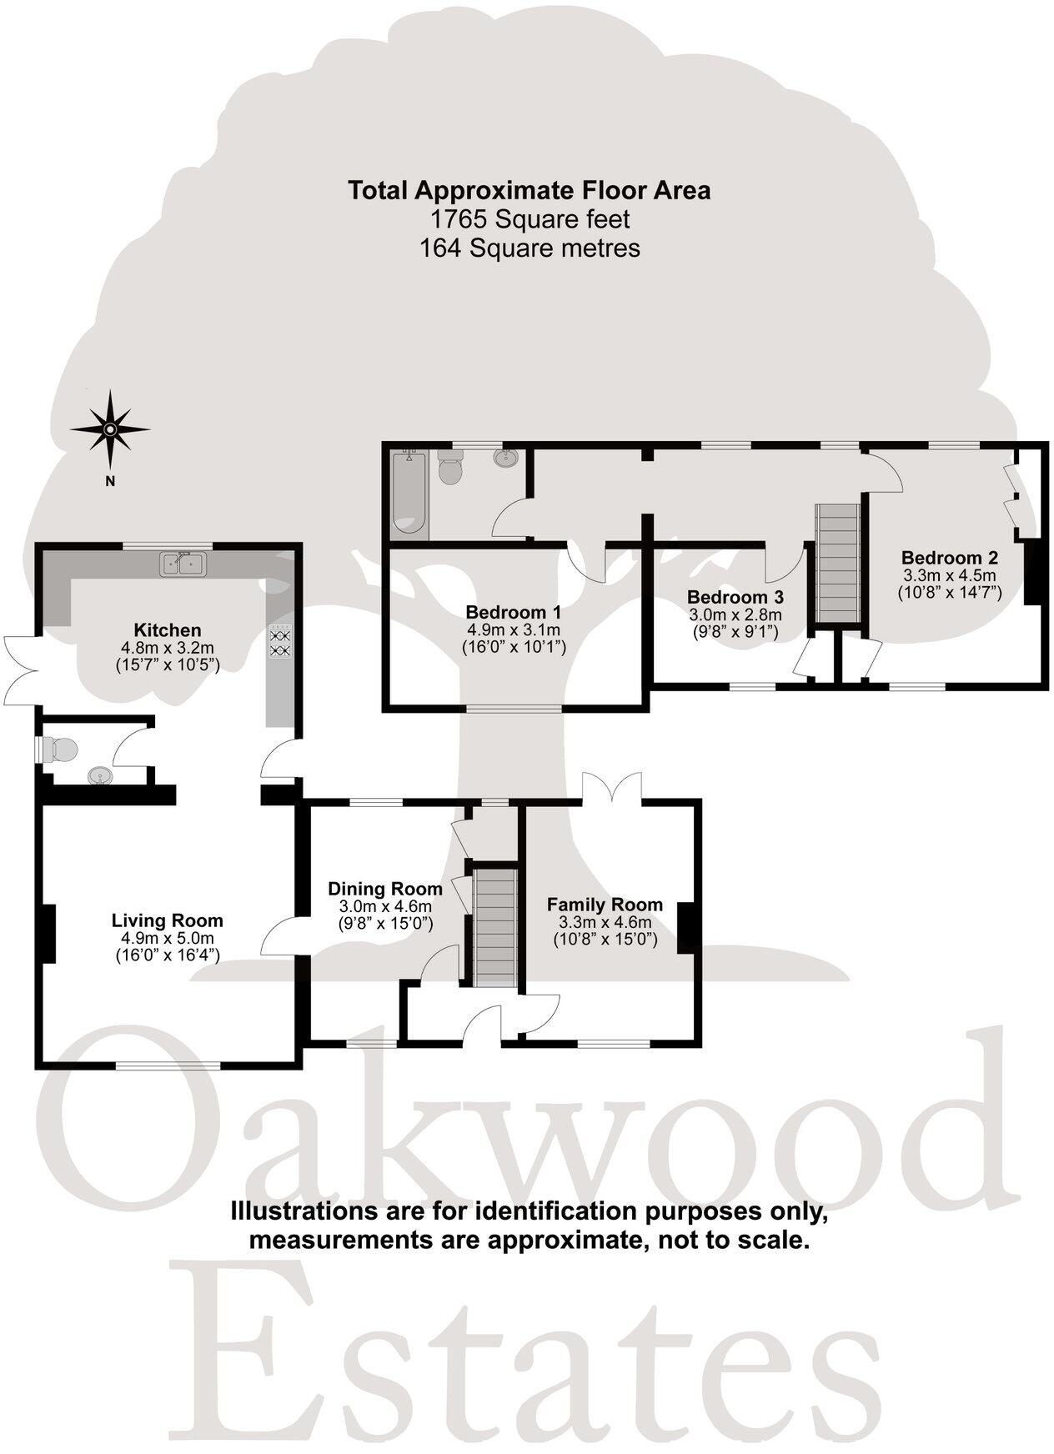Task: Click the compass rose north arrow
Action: coord(109,430)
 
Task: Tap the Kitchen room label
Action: coord(168,630)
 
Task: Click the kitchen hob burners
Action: coord(280,639)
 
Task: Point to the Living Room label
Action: coord(167,920)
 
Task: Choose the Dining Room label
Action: coord(384,889)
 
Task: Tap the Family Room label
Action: coord(605,905)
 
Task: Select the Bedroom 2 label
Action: coord(949,558)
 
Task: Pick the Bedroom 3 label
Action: coord(735,597)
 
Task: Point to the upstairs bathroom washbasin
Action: coord(505,458)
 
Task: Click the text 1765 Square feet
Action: coord(529,219)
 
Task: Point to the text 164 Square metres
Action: coord(530,248)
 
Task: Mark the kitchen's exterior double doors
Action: coord(19,669)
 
